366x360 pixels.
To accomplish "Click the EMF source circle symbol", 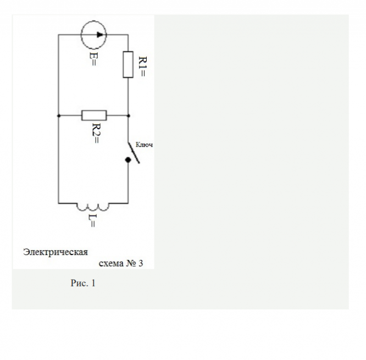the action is point(93,34).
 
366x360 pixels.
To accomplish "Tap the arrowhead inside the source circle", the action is point(99,34).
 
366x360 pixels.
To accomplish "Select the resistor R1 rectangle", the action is point(128,64).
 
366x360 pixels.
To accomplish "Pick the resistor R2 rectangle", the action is point(94,115).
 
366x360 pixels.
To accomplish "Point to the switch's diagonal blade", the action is point(133,152).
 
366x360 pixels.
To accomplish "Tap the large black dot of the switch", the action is point(128,160).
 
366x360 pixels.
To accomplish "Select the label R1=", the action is point(142,65).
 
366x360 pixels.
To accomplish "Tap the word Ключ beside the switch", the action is point(144,144).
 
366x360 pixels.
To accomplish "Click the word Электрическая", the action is point(56,252).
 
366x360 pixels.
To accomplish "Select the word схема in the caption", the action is point(111,264).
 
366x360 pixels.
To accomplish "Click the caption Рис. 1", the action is point(83,284).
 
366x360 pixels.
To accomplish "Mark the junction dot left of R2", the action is point(58,115).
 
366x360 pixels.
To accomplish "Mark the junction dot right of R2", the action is point(128,115).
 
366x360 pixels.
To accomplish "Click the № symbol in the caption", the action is point(131,264).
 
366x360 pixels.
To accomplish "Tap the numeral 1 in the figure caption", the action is point(93,284).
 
